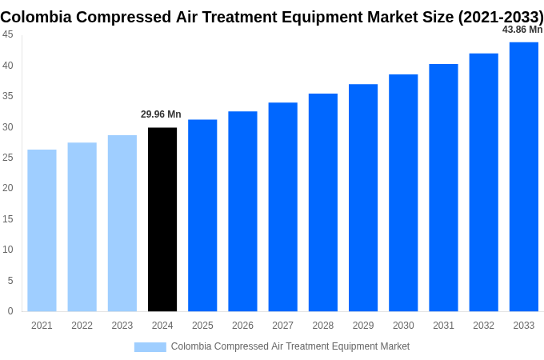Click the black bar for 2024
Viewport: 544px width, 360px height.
tap(162, 219)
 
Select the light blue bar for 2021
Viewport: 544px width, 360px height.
tap(42, 230)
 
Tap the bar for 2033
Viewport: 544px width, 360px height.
tap(523, 177)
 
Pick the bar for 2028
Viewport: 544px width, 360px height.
tap(323, 202)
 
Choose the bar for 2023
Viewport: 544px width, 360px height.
tap(122, 223)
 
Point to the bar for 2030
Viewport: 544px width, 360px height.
tap(403, 193)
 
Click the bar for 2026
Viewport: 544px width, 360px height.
tap(242, 211)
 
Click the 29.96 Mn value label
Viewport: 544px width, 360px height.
tap(161, 114)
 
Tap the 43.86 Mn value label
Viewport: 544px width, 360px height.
tap(522, 30)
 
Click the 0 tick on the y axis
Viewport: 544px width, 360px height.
tap(10, 311)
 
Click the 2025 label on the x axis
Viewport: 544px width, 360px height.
tap(202, 326)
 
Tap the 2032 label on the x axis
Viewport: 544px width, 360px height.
tap(483, 326)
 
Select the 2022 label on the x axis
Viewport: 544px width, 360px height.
tap(82, 326)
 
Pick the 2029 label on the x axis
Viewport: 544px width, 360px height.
tap(363, 326)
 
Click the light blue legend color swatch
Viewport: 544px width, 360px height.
tap(150, 347)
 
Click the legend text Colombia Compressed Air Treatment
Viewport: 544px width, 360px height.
tap(290, 346)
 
